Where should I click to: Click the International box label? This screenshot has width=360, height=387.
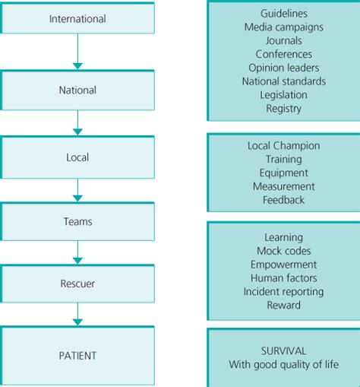point(77,18)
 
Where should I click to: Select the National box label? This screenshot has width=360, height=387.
point(77,90)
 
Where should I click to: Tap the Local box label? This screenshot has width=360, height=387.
point(77,157)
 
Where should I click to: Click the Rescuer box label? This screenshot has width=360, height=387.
point(77,283)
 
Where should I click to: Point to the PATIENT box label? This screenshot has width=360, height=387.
point(77,354)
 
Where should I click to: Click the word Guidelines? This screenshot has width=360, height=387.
point(283,13)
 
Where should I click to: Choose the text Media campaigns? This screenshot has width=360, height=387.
point(283,27)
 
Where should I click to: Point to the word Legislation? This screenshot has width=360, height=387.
point(283,95)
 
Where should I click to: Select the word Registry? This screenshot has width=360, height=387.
point(283,109)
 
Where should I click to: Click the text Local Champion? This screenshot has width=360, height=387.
point(283,145)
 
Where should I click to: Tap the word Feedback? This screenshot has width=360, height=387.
point(283,200)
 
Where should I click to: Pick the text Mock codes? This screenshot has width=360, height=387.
point(283,251)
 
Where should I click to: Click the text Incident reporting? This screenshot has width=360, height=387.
point(283,292)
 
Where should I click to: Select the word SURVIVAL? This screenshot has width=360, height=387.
point(283,351)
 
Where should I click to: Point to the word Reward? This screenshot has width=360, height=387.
point(283,306)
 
